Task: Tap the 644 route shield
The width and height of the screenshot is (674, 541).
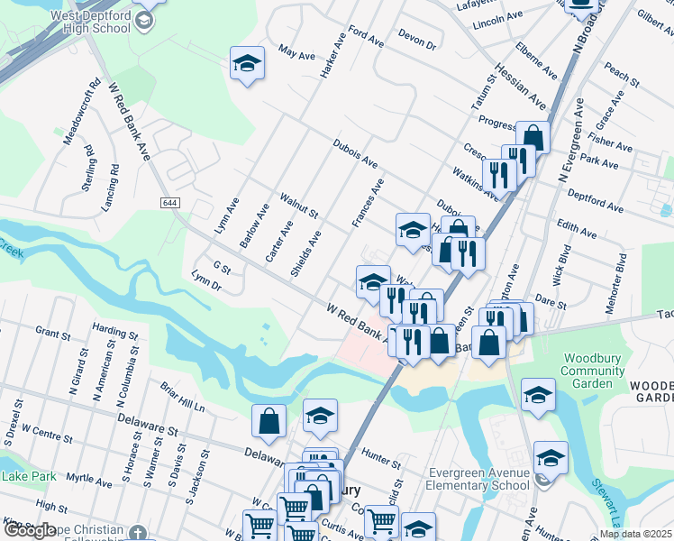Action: point(170,202)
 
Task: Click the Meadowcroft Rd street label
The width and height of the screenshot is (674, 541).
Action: point(80,115)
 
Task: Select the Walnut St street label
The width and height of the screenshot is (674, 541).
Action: point(300,205)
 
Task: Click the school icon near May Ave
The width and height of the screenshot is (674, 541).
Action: point(247,64)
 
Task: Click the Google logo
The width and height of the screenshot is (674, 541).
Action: point(29,530)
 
